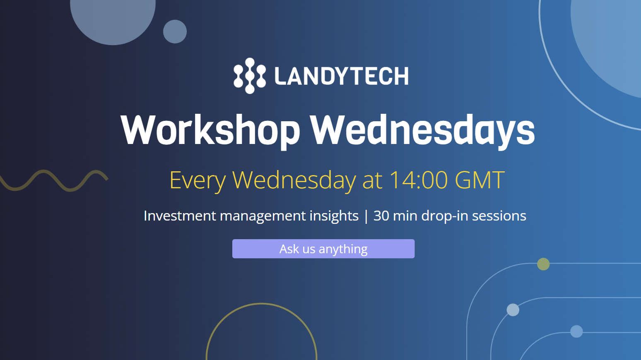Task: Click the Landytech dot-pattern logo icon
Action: (250, 76)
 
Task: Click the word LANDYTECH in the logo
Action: (342, 76)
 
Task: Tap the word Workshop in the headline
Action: (210, 130)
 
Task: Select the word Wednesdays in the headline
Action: (422, 130)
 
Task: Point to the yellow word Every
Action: (197, 180)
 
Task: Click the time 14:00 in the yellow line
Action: (418, 180)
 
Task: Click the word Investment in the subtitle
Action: (180, 216)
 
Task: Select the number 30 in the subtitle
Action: (381, 216)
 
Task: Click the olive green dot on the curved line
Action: (543, 264)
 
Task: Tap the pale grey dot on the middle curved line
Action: (513, 310)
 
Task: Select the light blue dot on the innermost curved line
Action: (576, 331)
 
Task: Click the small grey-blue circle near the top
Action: (175, 31)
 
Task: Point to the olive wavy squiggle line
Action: (54, 180)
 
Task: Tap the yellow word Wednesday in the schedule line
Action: (294, 180)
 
